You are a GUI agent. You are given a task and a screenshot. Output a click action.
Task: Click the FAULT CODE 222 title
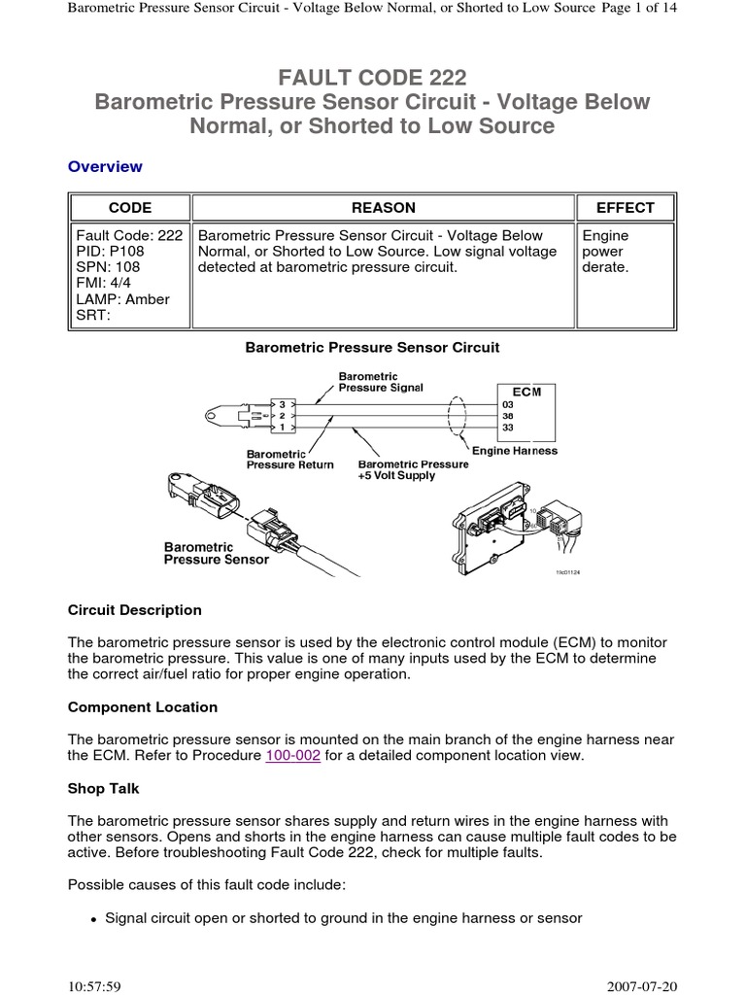tap(373, 77)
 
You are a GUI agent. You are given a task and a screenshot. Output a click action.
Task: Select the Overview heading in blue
tap(105, 166)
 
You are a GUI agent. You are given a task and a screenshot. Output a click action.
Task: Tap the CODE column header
tap(129, 207)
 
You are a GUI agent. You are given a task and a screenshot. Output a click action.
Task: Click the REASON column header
tap(383, 207)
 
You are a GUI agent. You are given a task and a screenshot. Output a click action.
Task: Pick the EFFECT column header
tap(626, 207)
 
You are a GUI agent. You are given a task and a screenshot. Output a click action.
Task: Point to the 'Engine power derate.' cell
tap(605, 251)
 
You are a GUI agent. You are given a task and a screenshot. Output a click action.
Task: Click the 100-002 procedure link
tap(292, 755)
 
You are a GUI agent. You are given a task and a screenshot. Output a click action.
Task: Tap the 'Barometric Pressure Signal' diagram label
tap(380, 382)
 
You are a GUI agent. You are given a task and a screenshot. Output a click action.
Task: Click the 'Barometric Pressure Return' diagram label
tap(289, 459)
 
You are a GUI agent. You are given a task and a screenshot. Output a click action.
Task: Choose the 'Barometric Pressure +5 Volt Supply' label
tap(413, 470)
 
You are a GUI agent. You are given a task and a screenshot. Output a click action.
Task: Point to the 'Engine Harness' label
tap(514, 451)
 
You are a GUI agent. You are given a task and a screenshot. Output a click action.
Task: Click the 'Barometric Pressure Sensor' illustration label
tap(216, 553)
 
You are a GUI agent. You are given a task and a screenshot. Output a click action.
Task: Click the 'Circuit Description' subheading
tap(135, 610)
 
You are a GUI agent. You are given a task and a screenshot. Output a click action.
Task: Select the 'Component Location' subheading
tap(143, 706)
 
